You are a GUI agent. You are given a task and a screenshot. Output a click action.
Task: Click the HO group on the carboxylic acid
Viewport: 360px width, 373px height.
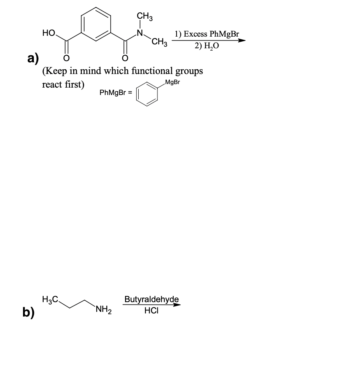[x=48, y=34]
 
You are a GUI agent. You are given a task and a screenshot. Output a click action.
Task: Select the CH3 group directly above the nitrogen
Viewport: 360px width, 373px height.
[x=145, y=17]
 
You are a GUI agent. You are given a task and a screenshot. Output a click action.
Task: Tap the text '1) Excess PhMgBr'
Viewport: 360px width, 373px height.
[x=206, y=33]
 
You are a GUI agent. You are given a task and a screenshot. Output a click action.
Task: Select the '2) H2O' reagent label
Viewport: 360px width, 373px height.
[x=207, y=46]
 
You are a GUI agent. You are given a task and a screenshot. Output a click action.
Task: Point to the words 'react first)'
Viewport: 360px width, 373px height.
[x=63, y=84]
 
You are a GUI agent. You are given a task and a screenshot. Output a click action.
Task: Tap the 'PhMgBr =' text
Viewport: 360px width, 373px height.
[x=116, y=93]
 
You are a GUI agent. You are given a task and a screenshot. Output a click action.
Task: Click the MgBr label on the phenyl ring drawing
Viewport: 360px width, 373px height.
[x=172, y=83]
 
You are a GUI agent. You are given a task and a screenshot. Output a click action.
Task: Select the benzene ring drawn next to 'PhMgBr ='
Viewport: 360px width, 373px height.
[x=147, y=93]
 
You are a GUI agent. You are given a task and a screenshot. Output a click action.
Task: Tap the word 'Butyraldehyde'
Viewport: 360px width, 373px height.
[x=152, y=299]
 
